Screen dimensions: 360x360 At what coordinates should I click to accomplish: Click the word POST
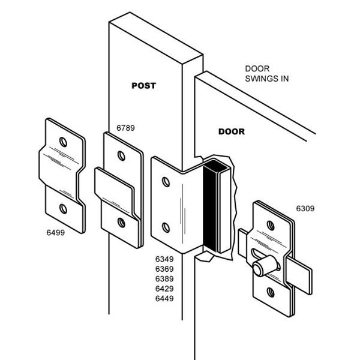(143, 86)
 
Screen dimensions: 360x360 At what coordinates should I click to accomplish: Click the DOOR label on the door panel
(231, 131)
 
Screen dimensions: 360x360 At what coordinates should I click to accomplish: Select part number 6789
(125, 128)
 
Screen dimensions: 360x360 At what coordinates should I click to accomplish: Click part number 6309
(305, 209)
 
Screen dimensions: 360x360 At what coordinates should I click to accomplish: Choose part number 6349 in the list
(165, 259)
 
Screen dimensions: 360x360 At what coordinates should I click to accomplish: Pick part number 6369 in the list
(165, 269)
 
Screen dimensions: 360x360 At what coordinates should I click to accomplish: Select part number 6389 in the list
(165, 278)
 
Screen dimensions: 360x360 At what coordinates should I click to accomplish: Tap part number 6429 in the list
(165, 288)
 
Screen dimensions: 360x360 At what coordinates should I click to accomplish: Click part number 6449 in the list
(165, 298)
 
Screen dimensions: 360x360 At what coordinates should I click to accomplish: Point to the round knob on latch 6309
(259, 269)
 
